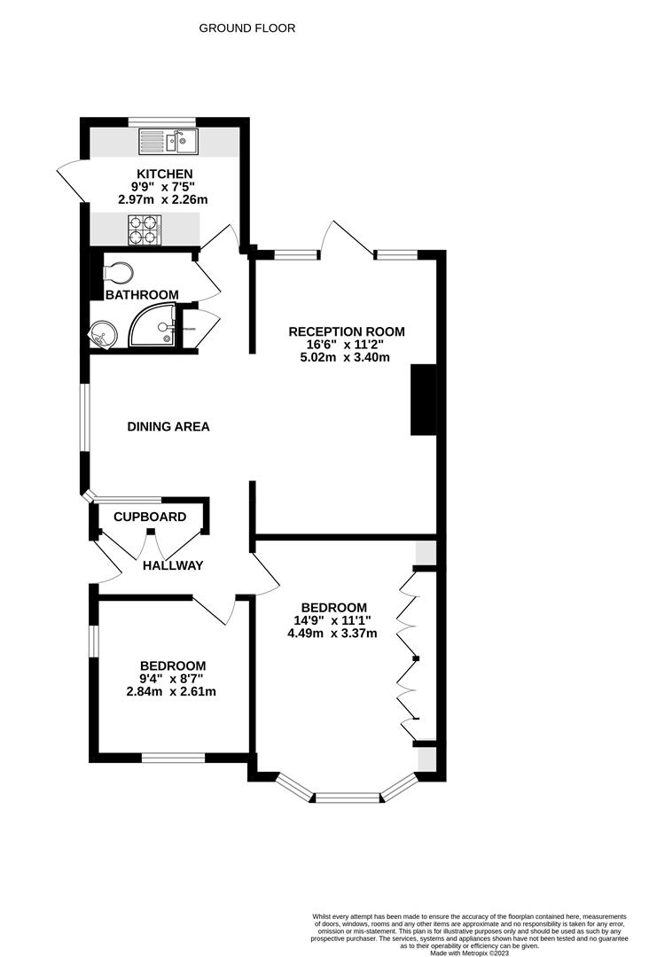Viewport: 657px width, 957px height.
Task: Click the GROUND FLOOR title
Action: pos(246,28)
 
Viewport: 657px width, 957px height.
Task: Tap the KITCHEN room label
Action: pos(164,174)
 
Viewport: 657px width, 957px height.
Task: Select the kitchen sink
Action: pos(171,140)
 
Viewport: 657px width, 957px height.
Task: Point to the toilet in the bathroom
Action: pos(117,270)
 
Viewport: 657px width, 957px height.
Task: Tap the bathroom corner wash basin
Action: pos(101,334)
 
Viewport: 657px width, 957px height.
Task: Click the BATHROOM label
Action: pos(142,295)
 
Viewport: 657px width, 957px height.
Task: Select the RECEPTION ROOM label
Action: pos(347,332)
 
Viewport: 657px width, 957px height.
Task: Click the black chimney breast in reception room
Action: pos(424,400)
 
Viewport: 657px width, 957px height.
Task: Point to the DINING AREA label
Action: pos(168,427)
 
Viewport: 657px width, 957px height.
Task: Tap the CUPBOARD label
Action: pos(150,517)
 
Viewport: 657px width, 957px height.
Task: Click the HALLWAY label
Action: pos(173,565)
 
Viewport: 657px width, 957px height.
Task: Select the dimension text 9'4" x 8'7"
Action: pos(173,679)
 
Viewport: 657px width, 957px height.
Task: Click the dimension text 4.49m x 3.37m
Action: pos(333,634)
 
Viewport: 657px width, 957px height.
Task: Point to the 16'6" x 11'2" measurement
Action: pos(347,346)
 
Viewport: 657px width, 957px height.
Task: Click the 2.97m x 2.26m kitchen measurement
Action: pos(164,200)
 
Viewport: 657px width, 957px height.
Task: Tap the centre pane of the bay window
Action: pos(348,798)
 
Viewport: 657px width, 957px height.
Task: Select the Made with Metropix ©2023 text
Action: pos(470,953)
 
